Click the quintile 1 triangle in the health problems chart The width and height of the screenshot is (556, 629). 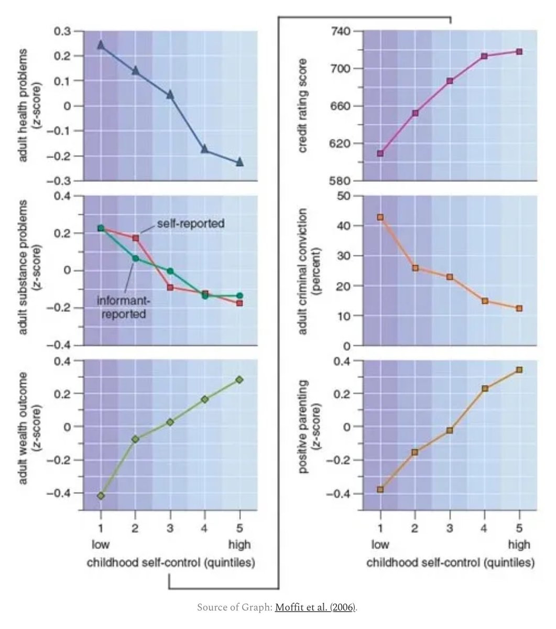tap(101, 45)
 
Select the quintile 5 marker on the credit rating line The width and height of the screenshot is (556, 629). tap(519, 51)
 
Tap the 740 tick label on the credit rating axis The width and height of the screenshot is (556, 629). tap(341, 31)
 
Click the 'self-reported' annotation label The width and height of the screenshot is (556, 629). tap(191, 223)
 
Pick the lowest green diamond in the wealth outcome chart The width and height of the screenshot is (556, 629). tap(101, 496)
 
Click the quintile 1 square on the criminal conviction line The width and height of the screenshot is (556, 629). tap(380, 217)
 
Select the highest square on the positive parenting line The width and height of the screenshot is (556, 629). tap(519, 370)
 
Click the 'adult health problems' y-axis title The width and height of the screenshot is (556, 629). tap(23, 105)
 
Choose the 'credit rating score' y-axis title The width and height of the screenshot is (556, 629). tap(302, 105)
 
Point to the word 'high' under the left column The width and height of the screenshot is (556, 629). tap(239, 545)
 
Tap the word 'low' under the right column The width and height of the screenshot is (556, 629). tap(380, 545)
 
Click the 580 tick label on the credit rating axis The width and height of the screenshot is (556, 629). tap(341, 181)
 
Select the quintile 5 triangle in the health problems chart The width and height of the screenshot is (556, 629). tap(239, 162)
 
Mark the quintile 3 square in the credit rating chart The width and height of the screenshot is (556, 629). tap(450, 81)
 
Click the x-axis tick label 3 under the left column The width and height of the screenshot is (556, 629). tap(170, 528)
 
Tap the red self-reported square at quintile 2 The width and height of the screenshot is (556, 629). tap(136, 238)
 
